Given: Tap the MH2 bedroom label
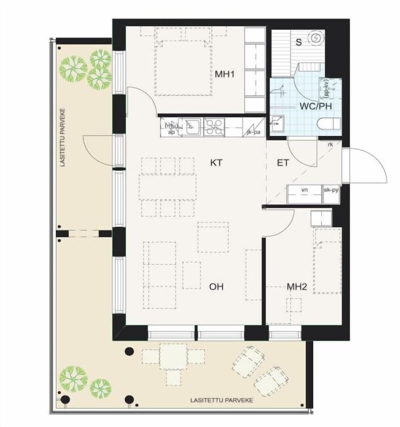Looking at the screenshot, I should pos(297,287).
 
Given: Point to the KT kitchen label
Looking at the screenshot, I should pos(217,163).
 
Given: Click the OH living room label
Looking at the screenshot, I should pos(216,287).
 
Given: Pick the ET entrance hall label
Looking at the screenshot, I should pos(283,163).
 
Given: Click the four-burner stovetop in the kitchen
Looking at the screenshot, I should pos(213,127).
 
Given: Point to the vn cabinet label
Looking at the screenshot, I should pos(304,189).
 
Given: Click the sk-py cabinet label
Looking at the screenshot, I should pos(332,189).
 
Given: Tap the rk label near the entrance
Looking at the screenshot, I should pos(330,144).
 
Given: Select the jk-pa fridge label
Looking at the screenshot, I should pos(254,132).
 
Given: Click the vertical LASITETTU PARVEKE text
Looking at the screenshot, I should pos(62,137).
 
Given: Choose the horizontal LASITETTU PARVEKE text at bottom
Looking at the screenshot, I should pos(222,401).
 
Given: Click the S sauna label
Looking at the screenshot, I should pos(299,42).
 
